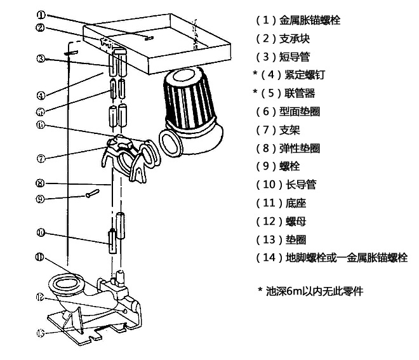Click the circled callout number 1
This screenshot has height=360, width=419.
(x=40, y=15)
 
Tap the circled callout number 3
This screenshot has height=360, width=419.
(x=40, y=59)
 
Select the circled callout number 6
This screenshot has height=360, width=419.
(x=40, y=125)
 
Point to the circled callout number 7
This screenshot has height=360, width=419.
(x=40, y=157)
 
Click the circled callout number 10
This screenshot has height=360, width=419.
(x=40, y=233)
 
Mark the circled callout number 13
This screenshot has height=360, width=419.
(x=40, y=332)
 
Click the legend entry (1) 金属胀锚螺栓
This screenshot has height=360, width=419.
(x=298, y=20)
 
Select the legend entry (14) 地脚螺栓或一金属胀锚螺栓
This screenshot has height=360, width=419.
(x=331, y=258)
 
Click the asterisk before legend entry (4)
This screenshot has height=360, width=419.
(x=255, y=75)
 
